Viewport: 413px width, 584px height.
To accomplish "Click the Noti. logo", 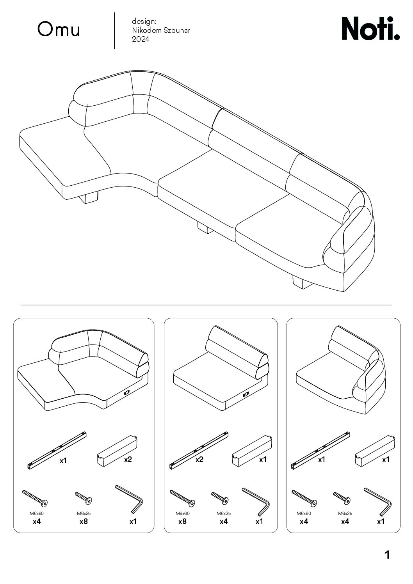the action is tap(370, 28).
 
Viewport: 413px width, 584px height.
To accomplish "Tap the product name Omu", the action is tap(59, 29).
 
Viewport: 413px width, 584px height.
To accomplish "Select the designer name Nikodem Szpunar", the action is tap(161, 30).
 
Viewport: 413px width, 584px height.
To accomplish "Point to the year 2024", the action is tap(141, 39).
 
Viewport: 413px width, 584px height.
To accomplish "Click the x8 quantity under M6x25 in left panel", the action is tap(84, 522).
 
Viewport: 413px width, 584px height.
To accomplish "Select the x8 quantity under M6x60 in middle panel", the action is tap(182, 522).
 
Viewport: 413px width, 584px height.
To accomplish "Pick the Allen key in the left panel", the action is tap(129, 499).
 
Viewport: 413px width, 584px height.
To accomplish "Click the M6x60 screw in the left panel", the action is tap(35, 498).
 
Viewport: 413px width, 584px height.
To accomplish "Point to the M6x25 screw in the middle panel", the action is tap(220, 498).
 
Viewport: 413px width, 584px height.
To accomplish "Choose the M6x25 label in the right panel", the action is tap(345, 513).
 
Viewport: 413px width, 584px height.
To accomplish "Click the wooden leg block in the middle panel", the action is tap(252, 451).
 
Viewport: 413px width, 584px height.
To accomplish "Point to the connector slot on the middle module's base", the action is tap(246, 394).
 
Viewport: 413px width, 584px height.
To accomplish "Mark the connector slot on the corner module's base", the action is tap(127, 392).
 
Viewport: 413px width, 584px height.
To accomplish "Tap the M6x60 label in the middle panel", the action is tap(182, 513).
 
